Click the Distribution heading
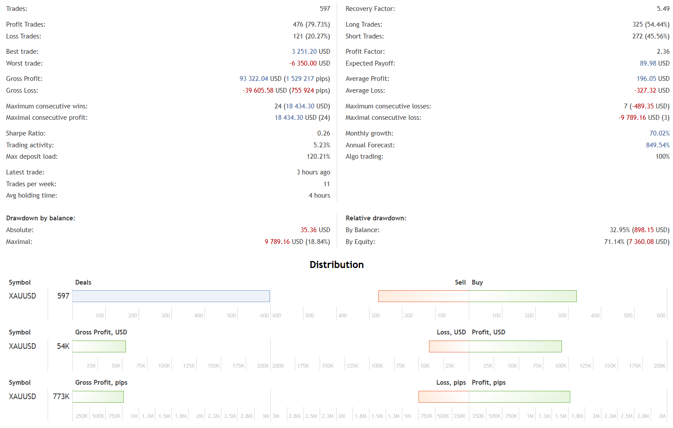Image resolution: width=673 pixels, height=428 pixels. tap(337, 264)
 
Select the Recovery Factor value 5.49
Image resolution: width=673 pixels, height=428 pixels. tap(663, 9)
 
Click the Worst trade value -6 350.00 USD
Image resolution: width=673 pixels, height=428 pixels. tap(310, 63)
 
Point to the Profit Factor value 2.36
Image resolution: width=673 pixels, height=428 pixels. tap(663, 52)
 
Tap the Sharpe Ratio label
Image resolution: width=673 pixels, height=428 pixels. tap(25, 133)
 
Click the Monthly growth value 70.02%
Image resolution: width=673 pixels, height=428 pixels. tap(659, 133)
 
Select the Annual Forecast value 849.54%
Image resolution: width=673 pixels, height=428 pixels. tap(658, 145)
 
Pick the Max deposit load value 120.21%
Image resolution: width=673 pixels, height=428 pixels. tap(318, 157)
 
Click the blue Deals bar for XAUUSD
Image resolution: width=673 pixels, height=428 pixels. tap(171, 296)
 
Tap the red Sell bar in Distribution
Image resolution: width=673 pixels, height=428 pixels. tap(424, 296)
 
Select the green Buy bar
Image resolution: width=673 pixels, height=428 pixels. tap(523, 296)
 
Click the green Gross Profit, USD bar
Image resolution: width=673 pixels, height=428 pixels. tap(99, 346)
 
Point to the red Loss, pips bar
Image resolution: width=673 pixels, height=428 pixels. tap(444, 397)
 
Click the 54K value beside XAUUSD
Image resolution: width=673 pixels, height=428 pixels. tap(63, 346)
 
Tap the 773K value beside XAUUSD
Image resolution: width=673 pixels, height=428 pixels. tap(61, 397)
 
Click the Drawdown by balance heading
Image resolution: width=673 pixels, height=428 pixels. tap(41, 218)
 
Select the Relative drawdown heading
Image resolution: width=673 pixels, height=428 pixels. tap(376, 218)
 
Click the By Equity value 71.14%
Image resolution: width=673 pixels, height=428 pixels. tap(614, 242)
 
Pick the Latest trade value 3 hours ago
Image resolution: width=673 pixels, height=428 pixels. tap(314, 172)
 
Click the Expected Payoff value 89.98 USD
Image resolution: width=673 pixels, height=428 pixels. tap(655, 63)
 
